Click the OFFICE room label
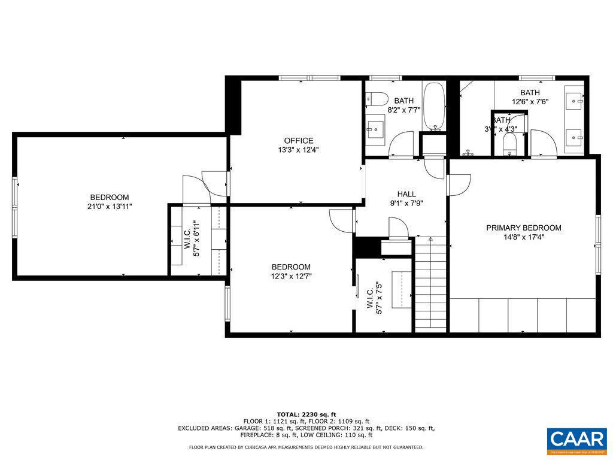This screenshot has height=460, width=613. [x=298, y=141]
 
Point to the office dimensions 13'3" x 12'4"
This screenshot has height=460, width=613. [x=298, y=150]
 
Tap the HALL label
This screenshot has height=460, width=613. [x=406, y=194]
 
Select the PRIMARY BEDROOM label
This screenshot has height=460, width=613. [x=523, y=228]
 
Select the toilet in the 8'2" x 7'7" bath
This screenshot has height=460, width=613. [x=375, y=99]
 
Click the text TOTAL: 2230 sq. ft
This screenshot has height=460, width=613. [x=306, y=414]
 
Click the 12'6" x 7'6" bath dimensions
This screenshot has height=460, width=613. [x=530, y=102]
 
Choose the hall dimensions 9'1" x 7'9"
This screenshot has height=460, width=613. [x=406, y=203]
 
